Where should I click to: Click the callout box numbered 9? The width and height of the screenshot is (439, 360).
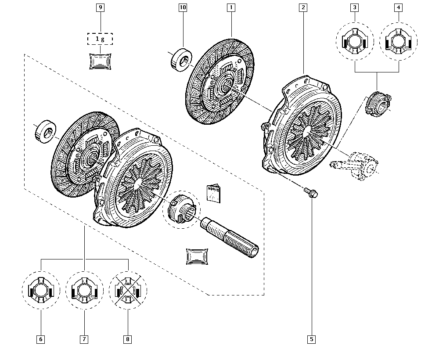tap(101, 7)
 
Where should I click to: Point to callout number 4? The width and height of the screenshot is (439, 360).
tap(399, 7)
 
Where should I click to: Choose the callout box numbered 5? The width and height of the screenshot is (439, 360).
tap(312, 339)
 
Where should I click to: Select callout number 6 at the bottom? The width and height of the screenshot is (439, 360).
tap(41, 339)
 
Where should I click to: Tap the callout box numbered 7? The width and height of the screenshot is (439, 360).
tap(84, 339)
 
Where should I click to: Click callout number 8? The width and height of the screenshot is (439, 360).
tap(128, 339)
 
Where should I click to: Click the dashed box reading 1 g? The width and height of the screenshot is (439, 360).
tap(101, 39)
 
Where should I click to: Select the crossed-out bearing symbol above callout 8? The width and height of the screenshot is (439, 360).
tap(128, 291)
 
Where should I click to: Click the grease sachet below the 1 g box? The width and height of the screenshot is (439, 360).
tap(101, 61)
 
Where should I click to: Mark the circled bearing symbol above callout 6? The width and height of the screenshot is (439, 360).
tap(41, 291)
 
